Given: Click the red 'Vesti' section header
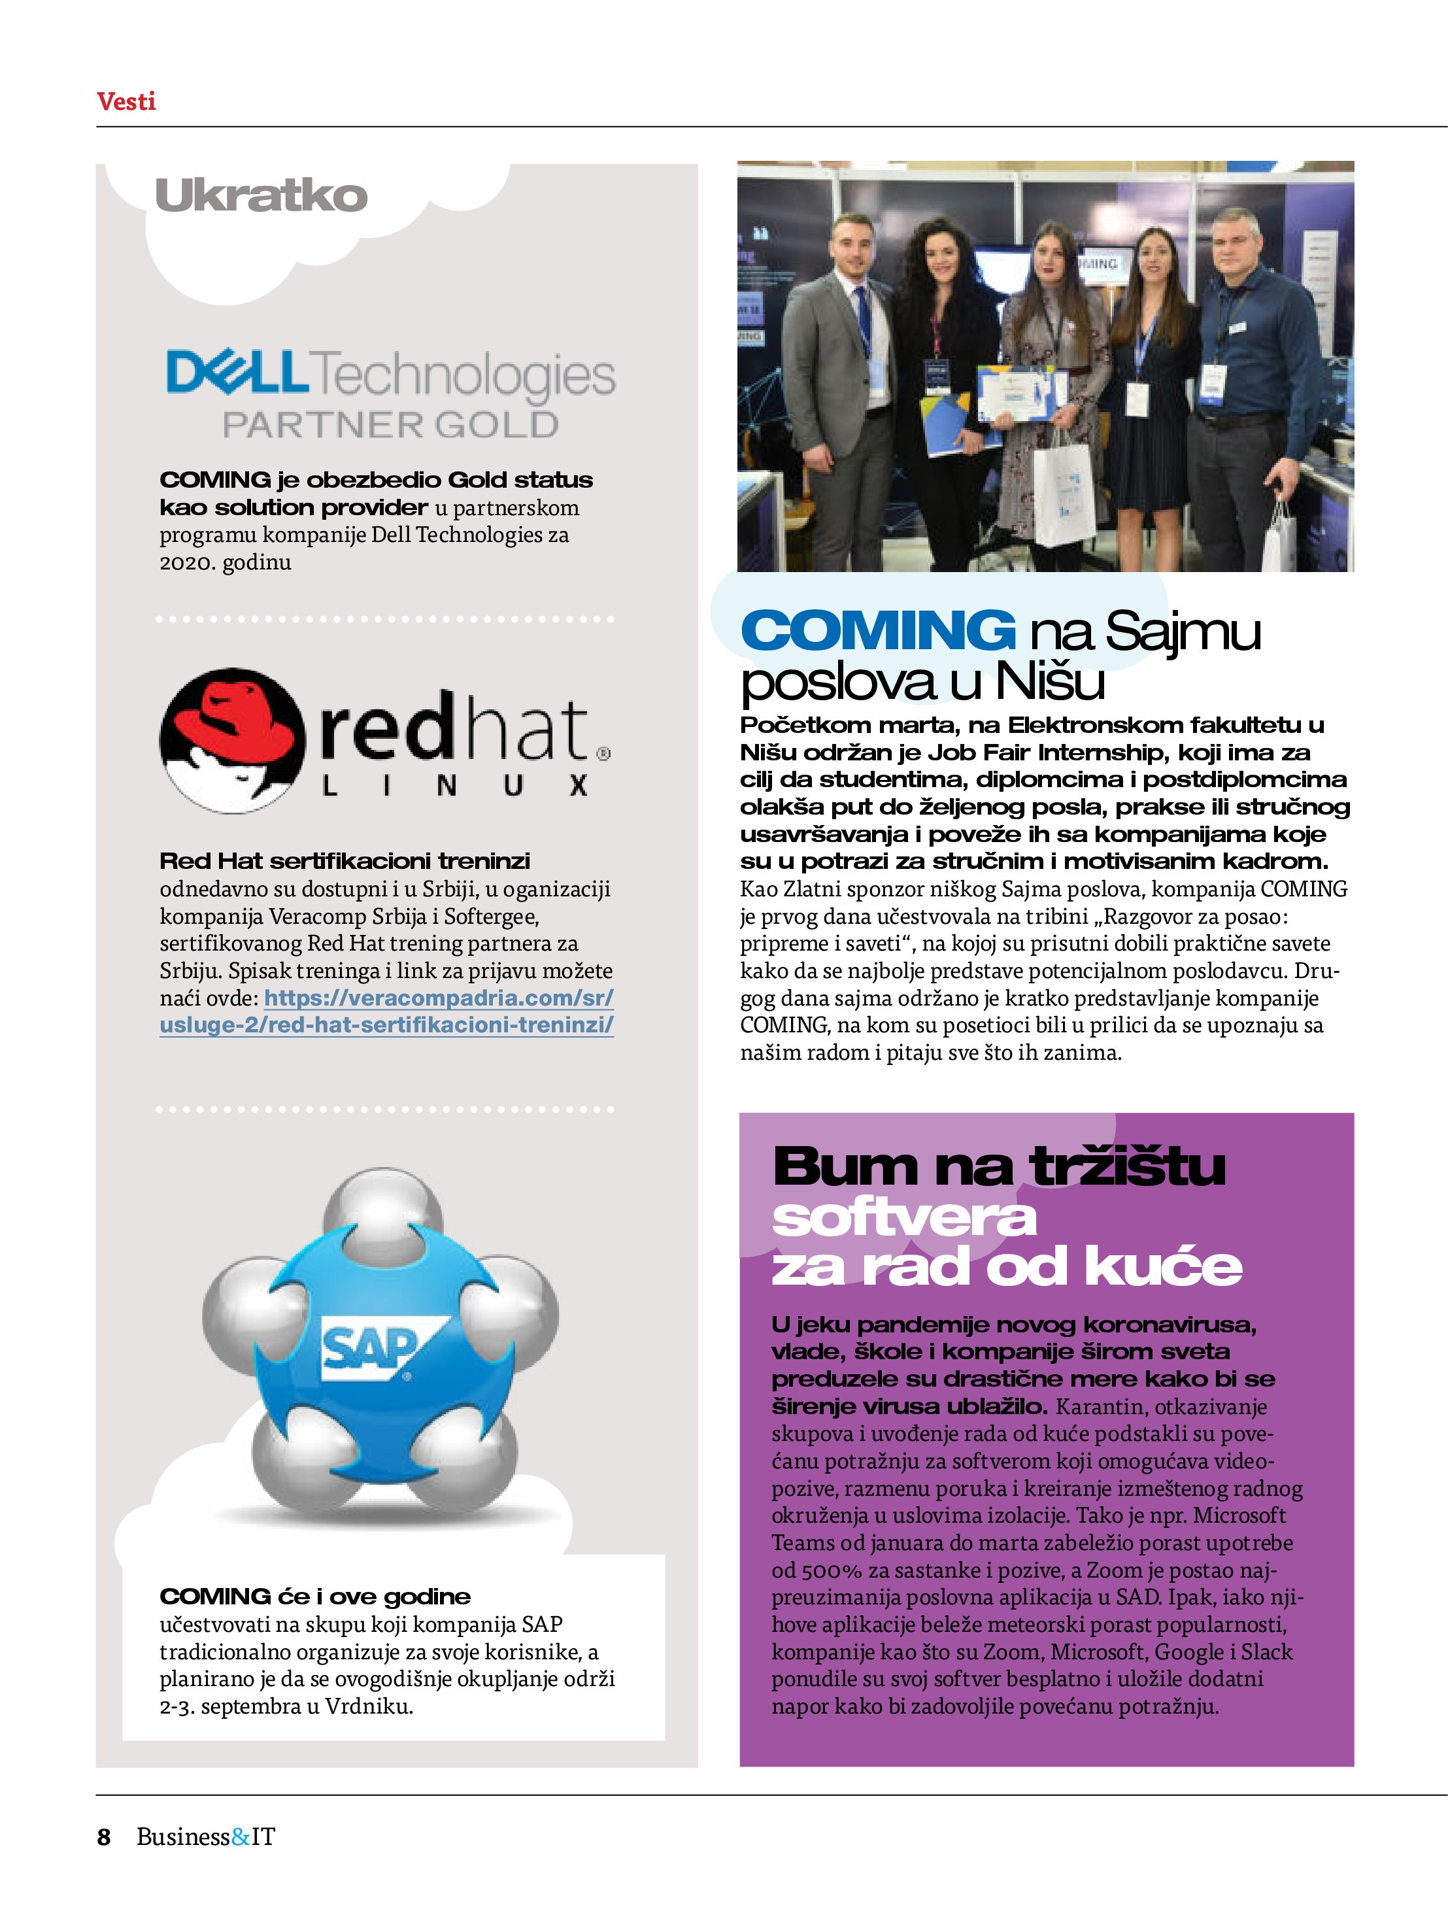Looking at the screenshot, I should [126, 102].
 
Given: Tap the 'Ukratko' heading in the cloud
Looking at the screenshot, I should [261, 196].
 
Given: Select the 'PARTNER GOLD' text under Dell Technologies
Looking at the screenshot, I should [390, 425].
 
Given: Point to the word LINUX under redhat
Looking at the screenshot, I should [454, 785].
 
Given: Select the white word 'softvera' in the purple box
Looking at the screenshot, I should [903, 1218].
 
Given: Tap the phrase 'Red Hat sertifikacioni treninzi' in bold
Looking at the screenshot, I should [345, 861].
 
